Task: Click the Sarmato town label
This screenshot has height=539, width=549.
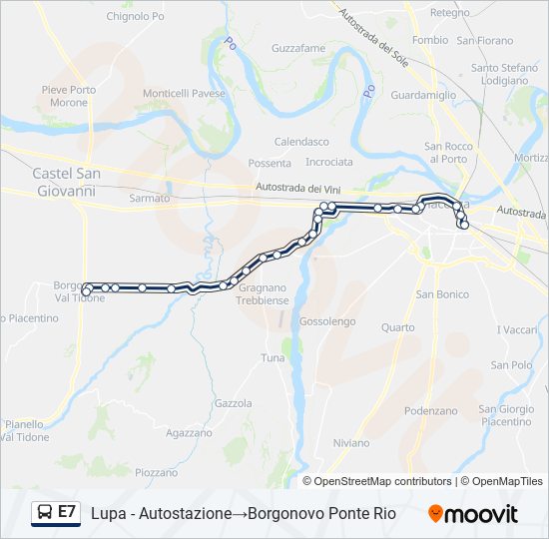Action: pyautogui.click(x=150, y=199)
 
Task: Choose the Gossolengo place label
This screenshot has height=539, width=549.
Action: pyautogui.click(x=327, y=321)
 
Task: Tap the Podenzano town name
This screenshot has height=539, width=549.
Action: pyautogui.click(x=431, y=411)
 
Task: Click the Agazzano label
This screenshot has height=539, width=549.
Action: pyautogui.click(x=190, y=433)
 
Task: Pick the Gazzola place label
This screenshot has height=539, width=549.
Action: pyautogui.click(x=233, y=403)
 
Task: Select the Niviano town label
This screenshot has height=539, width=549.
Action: pyautogui.click(x=351, y=443)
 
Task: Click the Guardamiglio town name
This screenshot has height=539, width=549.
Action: pyautogui.click(x=423, y=95)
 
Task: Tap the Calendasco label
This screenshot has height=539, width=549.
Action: pyautogui.click(x=301, y=142)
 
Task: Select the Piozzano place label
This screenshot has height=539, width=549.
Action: pyautogui.click(x=156, y=472)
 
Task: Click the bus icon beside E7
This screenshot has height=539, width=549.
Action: pyautogui.click(x=46, y=512)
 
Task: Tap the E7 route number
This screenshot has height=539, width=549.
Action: pyautogui.click(x=67, y=512)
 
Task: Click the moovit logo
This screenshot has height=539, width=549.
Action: pyautogui.click(x=473, y=514)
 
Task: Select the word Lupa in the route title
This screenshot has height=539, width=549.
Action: pyautogui.click(x=107, y=513)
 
